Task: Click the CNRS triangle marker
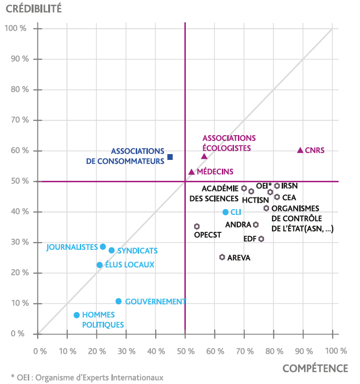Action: (x=300, y=151)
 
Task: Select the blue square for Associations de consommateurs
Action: (x=170, y=157)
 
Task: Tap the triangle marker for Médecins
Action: (x=191, y=172)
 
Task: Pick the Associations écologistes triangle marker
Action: (x=204, y=157)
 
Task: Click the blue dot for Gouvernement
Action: (x=118, y=301)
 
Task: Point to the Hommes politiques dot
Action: (x=76, y=315)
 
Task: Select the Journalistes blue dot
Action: (x=103, y=247)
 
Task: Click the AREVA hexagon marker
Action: (x=222, y=257)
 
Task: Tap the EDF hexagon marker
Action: (x=261, y=239)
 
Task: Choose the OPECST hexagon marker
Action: (x=197, y=227)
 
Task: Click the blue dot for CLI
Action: (x=225, y=212)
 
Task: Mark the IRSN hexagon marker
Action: (x=277, y=186)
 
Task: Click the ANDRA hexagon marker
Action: (x=256, y=225)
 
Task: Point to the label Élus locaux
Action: (x=129, y=265)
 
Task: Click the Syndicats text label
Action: (x=138, y=251)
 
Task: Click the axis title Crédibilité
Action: (x=34, y=9)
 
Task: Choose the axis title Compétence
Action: (x=315, y=368)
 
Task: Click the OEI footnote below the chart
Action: (x=87, y=377)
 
